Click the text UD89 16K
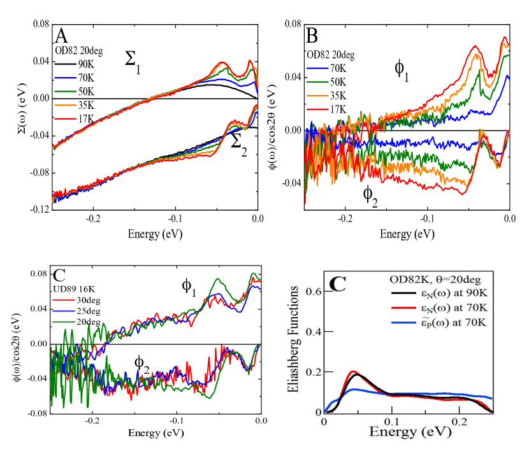click(74, 288)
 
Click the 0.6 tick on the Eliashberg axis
click(312, 290)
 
